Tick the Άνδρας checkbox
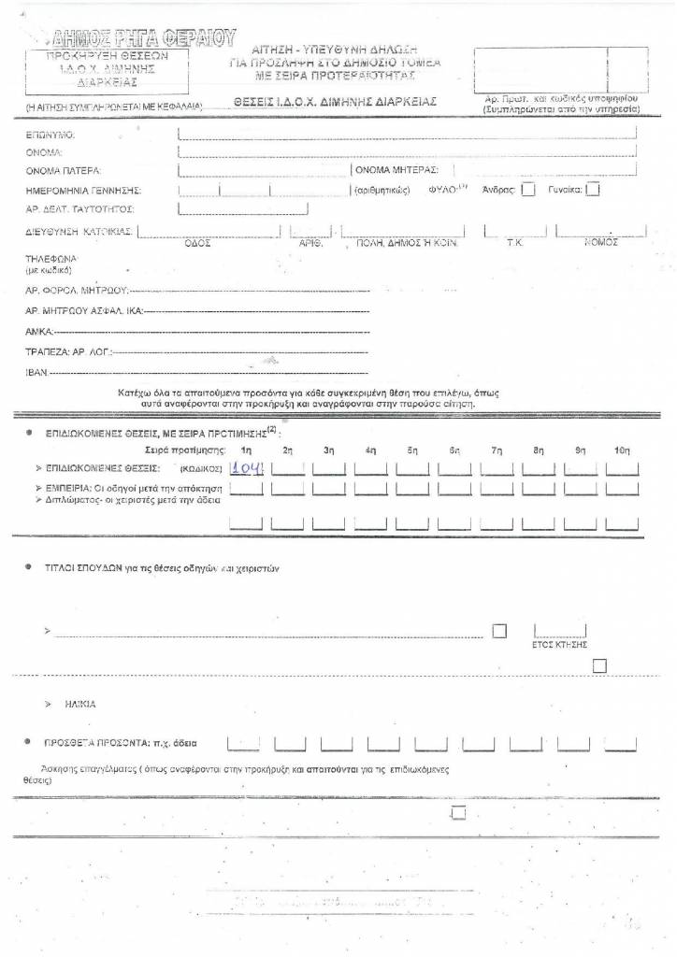528,190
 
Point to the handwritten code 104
247,468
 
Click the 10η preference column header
623,450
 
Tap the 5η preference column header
412,450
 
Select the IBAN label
36,372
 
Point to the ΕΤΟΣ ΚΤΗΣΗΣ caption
558,645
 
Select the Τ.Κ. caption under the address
513,242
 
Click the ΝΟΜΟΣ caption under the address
602,241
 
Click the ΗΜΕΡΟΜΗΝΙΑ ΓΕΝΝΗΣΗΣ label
82,190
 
